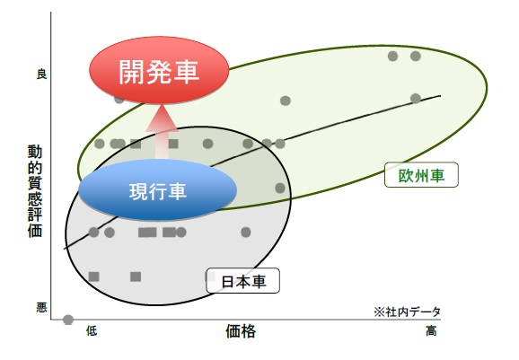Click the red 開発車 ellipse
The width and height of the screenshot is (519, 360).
pos(159,70)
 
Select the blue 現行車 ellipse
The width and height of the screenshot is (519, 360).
pos(157,190)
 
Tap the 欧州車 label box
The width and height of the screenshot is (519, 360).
pos(421,175)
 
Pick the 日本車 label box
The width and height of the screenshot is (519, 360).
pos(242,281)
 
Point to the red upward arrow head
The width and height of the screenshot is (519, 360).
pos(162,119)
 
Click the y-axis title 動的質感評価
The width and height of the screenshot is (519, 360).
pos(35,191)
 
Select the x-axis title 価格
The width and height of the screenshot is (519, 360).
pos(241,331)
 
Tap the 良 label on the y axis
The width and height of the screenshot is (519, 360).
pos(41,74)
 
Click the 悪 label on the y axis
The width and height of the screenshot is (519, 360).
pos(41,308)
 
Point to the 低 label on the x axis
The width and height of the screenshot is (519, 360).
pos(92,330)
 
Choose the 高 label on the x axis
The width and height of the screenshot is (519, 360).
pos(431,330)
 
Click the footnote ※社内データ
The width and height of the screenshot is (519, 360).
pos(407,312)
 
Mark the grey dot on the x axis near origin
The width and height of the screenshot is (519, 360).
pos(68,320)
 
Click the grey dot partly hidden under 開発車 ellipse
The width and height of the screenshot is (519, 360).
pos(119,99)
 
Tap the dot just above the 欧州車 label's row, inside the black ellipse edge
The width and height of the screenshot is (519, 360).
pos(280,188)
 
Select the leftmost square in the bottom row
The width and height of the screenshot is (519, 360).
pos(94,277)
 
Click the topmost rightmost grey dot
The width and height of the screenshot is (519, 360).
pos(416,56)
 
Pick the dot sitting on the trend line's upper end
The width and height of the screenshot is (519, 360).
pos(416,98)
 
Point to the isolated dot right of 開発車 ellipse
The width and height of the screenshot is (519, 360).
pos(286,101)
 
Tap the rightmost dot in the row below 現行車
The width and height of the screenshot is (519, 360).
pos(246,233)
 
